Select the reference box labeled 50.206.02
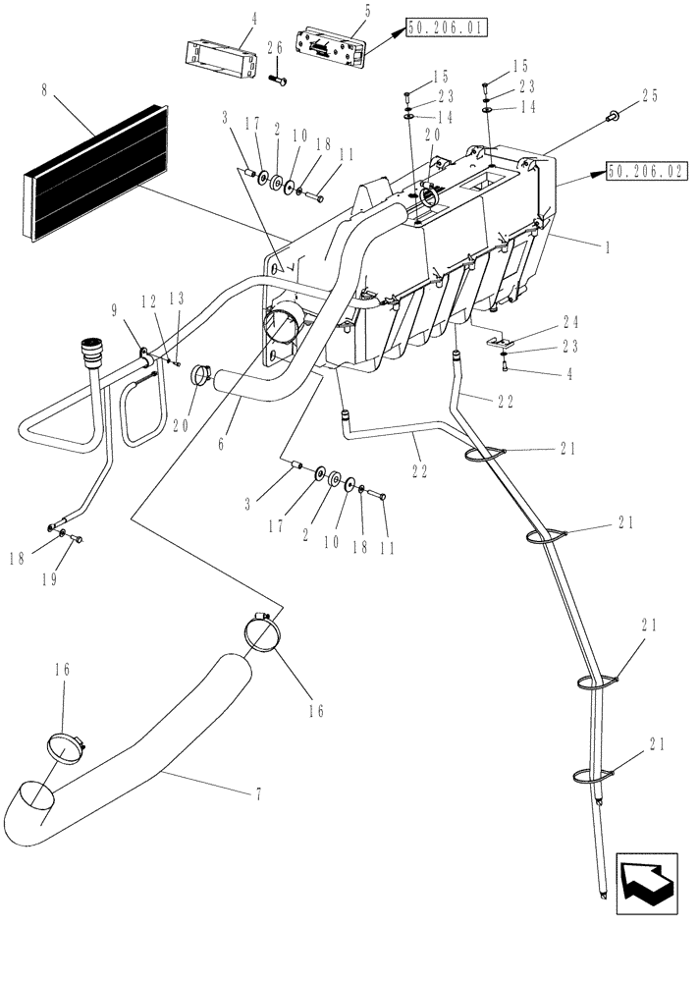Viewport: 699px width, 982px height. [x=645, y=170]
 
